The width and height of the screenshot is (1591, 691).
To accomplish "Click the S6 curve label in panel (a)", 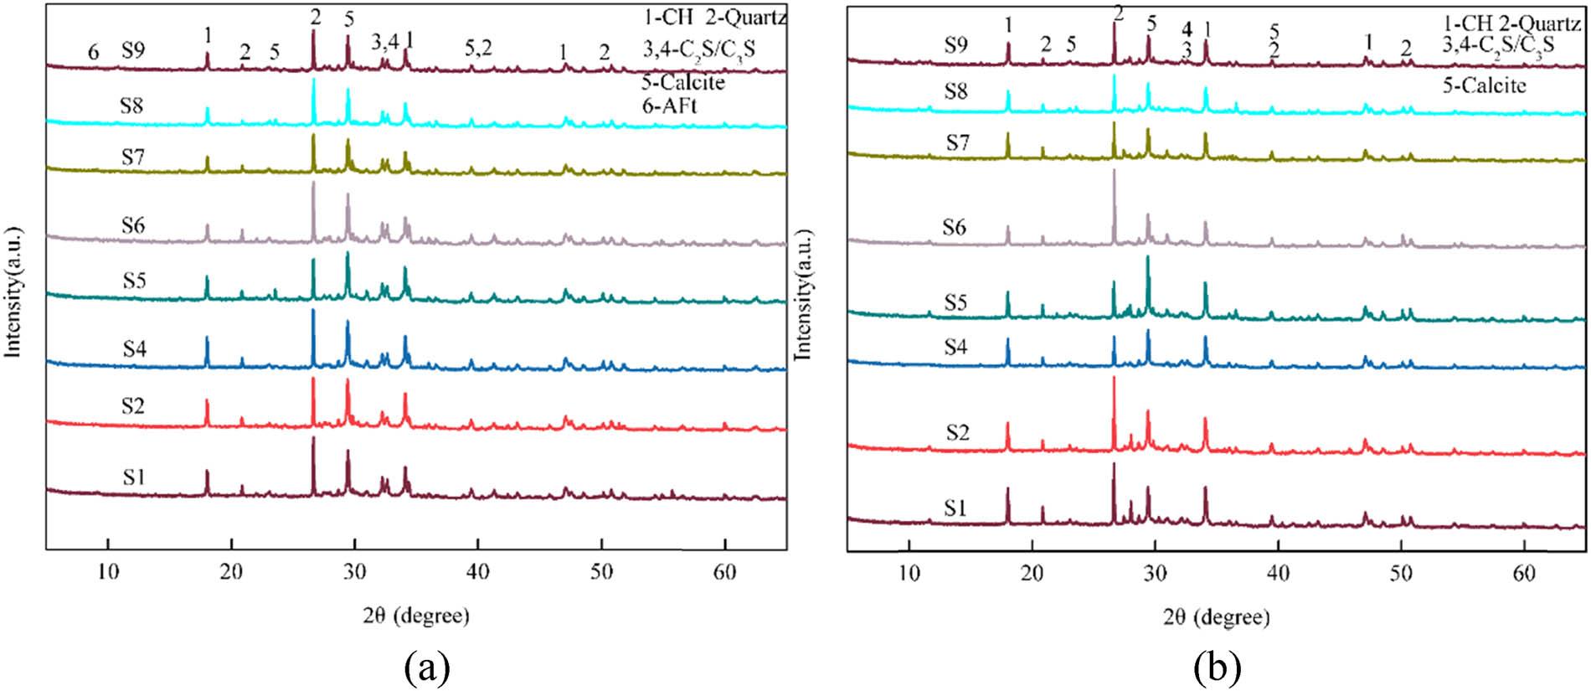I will tap(132, 225).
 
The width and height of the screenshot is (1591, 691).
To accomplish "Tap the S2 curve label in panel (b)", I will tap(957, 432).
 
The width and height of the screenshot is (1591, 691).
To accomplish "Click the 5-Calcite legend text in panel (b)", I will tap(1484, 85).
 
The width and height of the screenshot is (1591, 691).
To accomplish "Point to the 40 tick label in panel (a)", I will tap(477, 572).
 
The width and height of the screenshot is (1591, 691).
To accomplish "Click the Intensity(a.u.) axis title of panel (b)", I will tap(804, 284).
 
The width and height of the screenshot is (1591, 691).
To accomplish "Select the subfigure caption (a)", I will tap(426, 668).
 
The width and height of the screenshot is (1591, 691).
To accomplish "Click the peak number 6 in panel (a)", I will tap(94, 53).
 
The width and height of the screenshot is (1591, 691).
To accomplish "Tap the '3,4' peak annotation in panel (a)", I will tap(385, 42).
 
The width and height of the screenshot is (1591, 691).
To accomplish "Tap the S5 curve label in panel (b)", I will tap(955, 302).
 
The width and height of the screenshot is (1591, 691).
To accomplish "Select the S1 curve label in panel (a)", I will tap(133, 477).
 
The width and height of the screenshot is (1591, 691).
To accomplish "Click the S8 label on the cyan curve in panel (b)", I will tap(955, 90).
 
